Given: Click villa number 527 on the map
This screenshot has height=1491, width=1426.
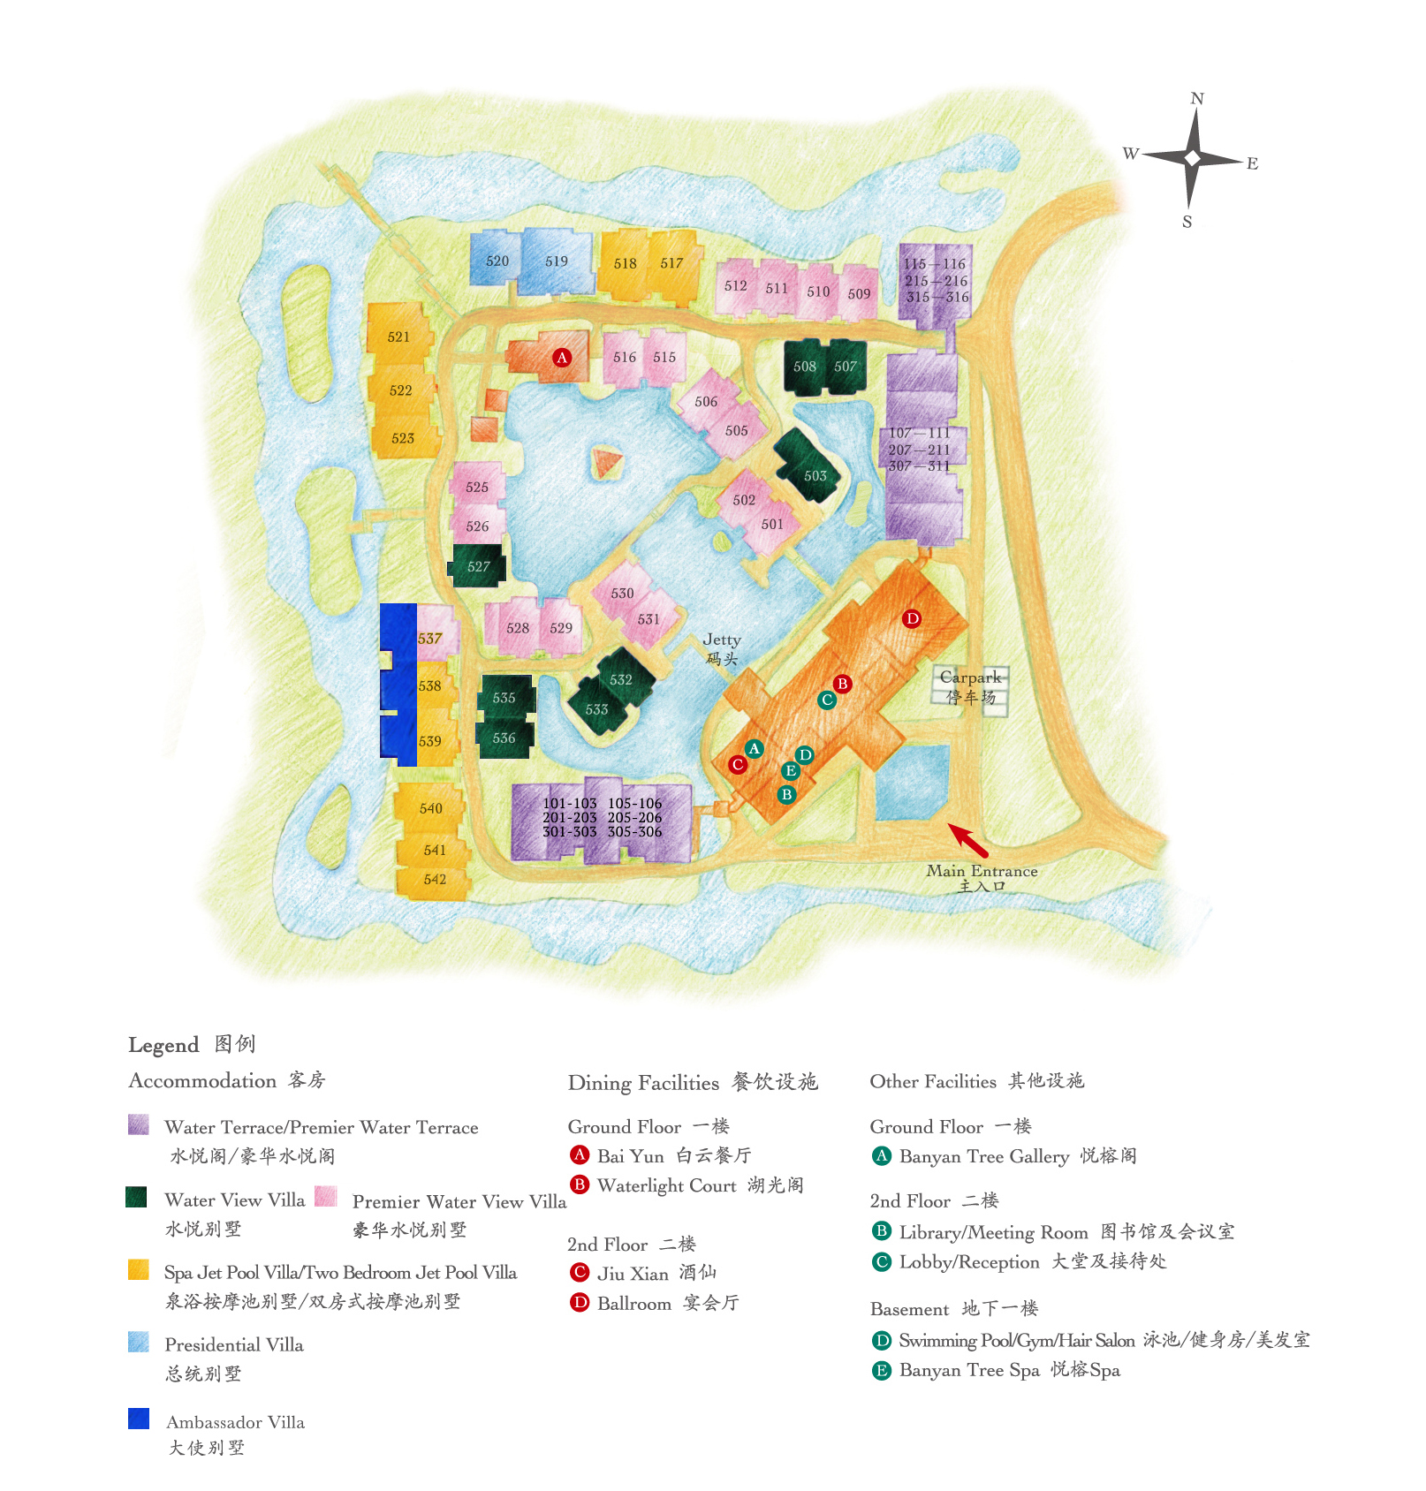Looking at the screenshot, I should point(478,566).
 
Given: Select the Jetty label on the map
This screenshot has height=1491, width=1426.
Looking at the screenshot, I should point(722,640).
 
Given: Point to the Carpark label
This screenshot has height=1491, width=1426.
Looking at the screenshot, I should point(970,677).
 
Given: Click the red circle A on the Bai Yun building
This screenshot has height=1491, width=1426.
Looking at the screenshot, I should point(562,358).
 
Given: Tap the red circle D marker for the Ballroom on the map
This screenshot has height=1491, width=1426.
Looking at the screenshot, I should point(912,618).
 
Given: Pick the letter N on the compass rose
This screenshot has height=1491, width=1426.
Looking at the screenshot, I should point(1197,99).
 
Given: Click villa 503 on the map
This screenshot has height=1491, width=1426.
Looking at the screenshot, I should point(815,475).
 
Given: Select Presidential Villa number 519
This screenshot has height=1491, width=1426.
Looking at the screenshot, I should point(557,261).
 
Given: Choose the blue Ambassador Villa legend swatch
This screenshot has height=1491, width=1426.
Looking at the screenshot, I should point(139,1418).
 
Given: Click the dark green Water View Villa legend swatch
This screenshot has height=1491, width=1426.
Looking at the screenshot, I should point(136,1197).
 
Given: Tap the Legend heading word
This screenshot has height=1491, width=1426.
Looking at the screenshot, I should point(163,1045).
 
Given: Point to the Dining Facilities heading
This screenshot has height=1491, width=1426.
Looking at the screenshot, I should point(643,1083).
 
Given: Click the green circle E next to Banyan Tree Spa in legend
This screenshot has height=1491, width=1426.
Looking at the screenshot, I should point(882,1370).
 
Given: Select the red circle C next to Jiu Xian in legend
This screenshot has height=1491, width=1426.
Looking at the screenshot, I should point(580,1273).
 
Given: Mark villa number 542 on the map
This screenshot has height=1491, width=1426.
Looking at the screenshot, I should point(435,880).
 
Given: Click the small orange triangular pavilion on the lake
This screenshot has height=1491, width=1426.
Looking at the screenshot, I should point(606,462).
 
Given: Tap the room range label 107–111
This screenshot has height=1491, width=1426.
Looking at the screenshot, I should point(919,433).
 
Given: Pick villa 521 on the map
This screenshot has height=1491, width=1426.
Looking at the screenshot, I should point(398,337).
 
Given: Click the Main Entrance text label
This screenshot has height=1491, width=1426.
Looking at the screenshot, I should point(982,871).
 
